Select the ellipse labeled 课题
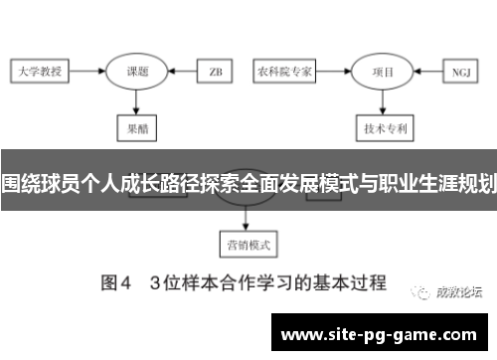pos(136,72)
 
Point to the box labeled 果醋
pos(136,127)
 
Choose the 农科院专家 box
pos(285,72)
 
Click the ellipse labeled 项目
pos(383,72)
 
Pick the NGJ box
pos(460,72)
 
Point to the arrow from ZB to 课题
pos(182,72)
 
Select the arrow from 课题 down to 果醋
pos(136,100)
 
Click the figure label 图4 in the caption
pos(115,281)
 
